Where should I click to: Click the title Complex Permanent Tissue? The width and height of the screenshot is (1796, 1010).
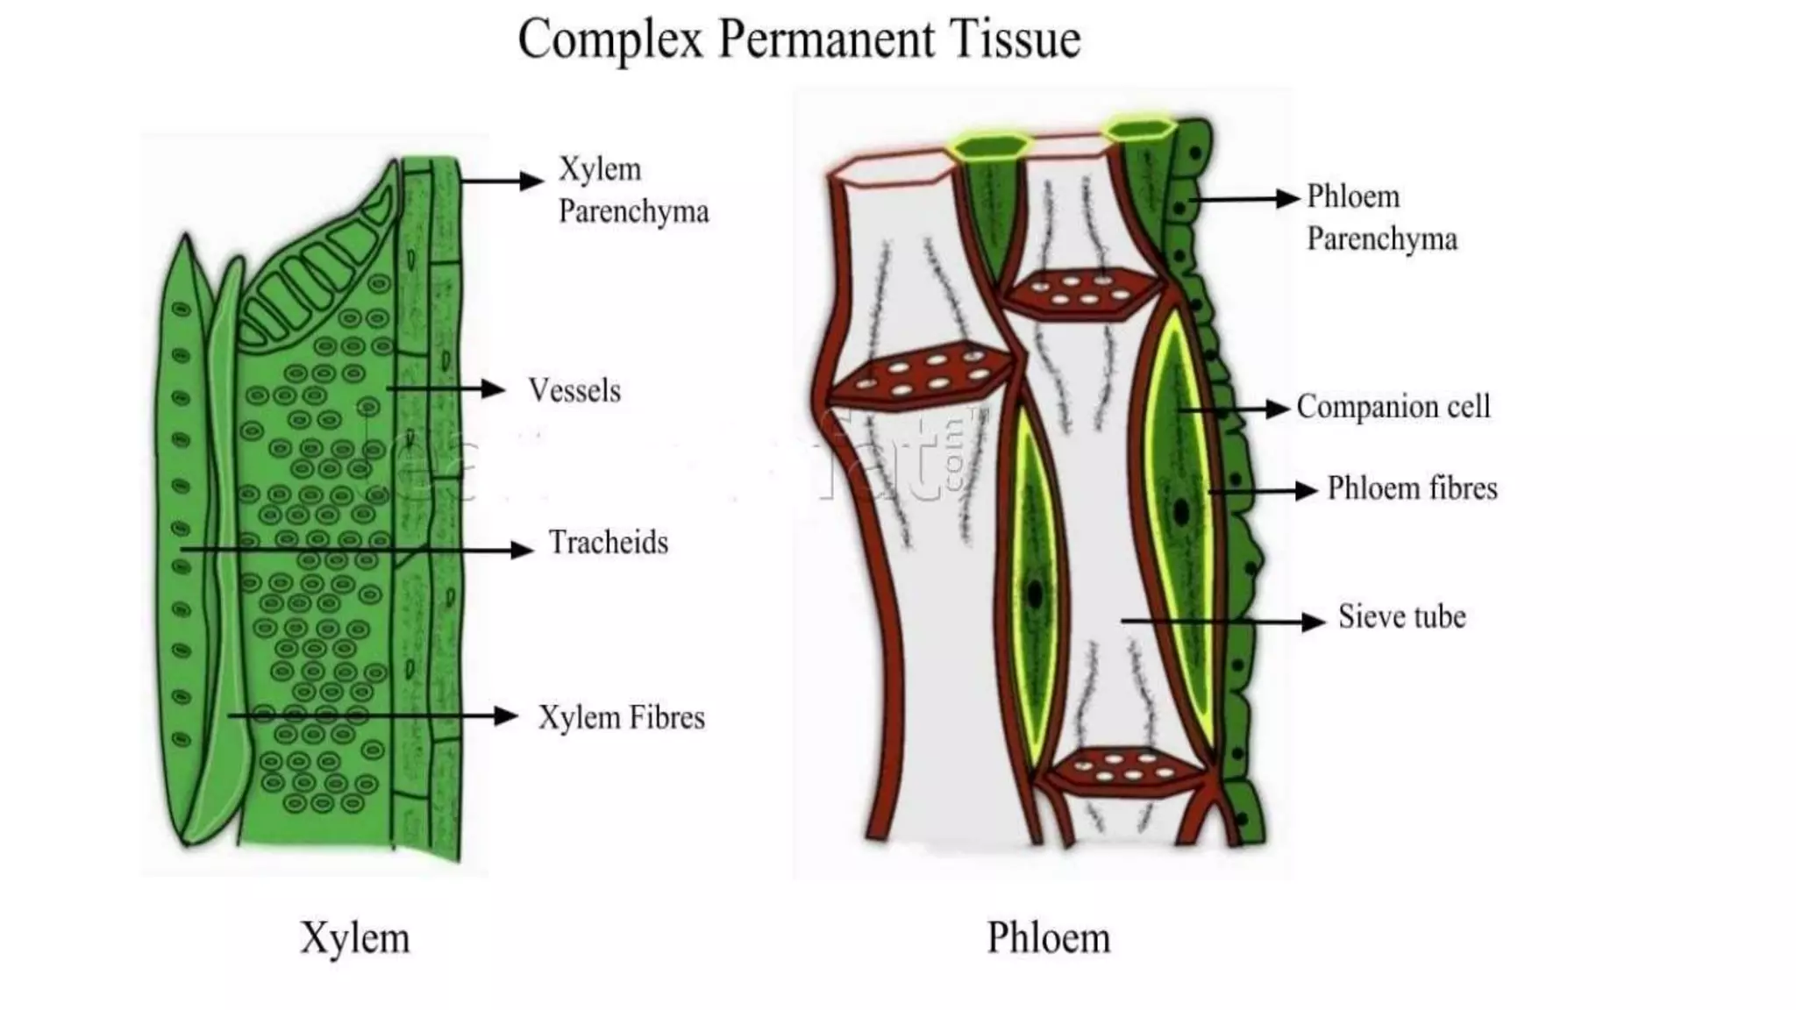pyautogui.click(x=798, y=40)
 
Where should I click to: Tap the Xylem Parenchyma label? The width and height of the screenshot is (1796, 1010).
pyautogui.click(x=633, y=190)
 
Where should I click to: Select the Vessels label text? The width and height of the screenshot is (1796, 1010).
pyautogui.click(x=574, y=391)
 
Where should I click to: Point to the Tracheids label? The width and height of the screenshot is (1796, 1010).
pyautogui.click(x=609, y=544)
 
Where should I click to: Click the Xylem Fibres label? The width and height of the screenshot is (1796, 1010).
pyautogui.click(x=621, y=718)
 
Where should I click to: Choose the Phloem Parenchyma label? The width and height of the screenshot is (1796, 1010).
pyautogui.click(x=1381, y=217)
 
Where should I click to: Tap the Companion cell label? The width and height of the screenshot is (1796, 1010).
pyautogui.click(x=1393, y=407)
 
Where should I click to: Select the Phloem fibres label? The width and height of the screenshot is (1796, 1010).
pyautogui.click(x=1412, y=488)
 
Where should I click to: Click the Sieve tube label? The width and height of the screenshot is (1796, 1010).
pyautogui.click(x=1401, y=617)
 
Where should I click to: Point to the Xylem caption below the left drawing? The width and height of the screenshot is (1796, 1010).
pyautogui.click(x=355, y=938)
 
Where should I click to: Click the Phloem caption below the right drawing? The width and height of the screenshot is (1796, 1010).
pyautogui.click(x=1049, y=938)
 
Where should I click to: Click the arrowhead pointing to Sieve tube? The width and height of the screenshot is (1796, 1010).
pyautogui.click(x=1315, y=622)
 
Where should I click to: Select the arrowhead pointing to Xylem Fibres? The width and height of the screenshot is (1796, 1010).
pyautogui.click(x=507, y=716)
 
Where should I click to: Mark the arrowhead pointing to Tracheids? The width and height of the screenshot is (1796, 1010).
pyautogui.click(x=523, y=550)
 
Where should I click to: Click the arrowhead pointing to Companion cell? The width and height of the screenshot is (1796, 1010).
pyautogui.click(x=1279, y=409)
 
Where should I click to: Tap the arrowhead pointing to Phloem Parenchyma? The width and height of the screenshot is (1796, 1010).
pyautogui.click(x=1287, y=199)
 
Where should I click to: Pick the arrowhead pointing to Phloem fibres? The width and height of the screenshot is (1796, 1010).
pyautogui.click(x=1308, y=491)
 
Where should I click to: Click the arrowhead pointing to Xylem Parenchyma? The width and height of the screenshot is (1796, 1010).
pyautogui.click(x=532, y=181)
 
